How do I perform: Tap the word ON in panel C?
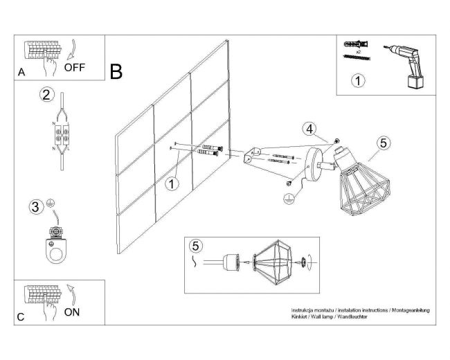(x=72, y=312)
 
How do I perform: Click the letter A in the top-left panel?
(x=22, y=72)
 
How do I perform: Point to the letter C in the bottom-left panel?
(x=22, y=317)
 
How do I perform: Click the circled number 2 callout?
(x=46, y=95)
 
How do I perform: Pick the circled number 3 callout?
(x=35, y=206)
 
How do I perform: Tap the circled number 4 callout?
(x=309, y=129)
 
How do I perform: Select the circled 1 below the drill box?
(x=358, y=81)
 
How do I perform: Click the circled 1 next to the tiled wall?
(x=172, y=183)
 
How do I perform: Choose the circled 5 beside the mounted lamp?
(x=385, y=143)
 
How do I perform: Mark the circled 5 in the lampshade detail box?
(x=197, y=246)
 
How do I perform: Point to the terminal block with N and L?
(x=60, y=134)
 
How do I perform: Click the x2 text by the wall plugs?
(x=359, y=52)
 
